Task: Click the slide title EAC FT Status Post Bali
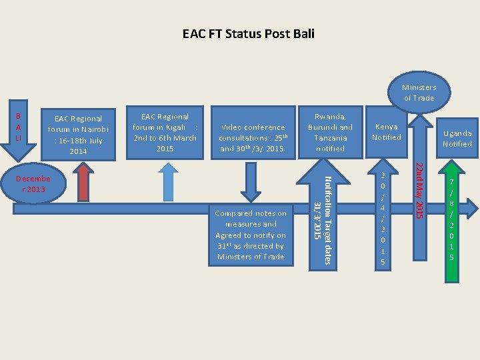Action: point(248,33)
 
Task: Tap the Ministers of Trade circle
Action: point(418,93)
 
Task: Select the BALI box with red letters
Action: point(18,127)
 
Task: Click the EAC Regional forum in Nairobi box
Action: point(79,135)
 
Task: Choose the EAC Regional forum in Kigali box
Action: point(165,133)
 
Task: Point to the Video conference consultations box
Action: point(252,137)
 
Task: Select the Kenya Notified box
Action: point(387,132)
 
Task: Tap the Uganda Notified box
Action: point(457,139)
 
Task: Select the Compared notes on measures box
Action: point(251,235)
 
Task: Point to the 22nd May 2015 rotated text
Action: point(419,190)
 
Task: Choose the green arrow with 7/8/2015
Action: point(451,220)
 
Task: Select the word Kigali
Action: point(178,127)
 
